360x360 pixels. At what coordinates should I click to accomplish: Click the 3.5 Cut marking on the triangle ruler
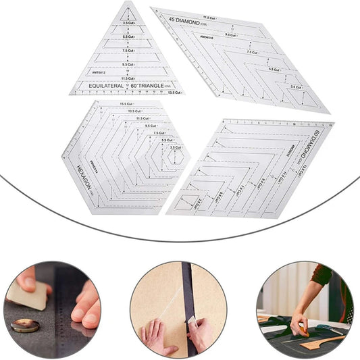pyautogui.click(x=129, y=22)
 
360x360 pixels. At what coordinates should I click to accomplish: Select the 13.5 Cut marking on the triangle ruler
pyautogui.click(x=174, y=92)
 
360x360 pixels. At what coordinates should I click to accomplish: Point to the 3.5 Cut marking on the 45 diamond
pyautogui.click(x=296, y=86)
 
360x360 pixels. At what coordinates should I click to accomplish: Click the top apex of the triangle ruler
pyautogui.click(x=126, y=3)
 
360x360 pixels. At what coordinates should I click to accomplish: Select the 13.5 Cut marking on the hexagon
pyautogui.click(x=134, y=111)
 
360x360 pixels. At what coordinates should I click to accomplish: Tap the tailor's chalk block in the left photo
pyautogui.click(x=27, y=294)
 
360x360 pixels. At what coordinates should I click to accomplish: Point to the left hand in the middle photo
pyautogui.click(x=154, y=338)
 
